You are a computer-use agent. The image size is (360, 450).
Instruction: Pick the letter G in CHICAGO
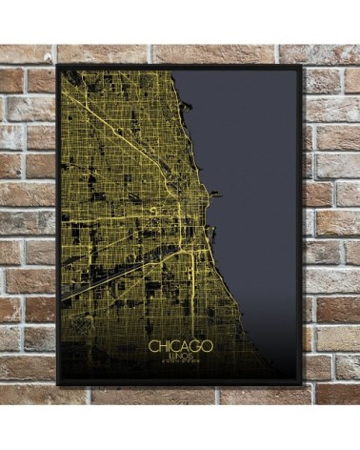tap(196, 344)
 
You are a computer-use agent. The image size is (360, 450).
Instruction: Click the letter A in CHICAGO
tap(186, 344)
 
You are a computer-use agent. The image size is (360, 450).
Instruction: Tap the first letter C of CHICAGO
tap(153, 344)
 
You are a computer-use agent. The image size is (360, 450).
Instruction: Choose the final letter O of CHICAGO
tap(207, 344)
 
